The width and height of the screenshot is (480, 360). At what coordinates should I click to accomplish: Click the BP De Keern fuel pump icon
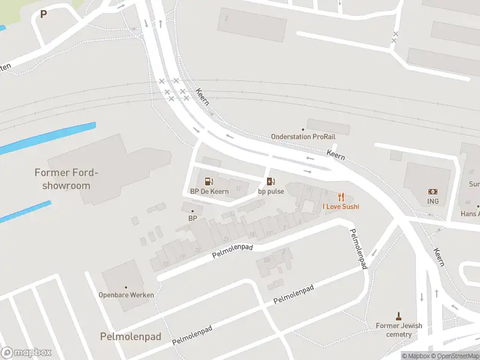coord(209,181)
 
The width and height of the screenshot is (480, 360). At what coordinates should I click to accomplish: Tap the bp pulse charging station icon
coord(271,181)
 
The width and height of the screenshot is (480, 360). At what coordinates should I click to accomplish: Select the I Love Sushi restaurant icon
coord(341,196)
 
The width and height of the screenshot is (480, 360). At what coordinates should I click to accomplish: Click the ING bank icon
coord(433,191)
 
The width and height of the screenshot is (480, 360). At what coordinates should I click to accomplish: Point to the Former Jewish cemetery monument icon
coord(398,316)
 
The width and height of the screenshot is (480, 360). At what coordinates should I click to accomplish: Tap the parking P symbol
coord(43,14)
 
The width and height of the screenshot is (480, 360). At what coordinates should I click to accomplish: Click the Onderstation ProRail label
coord(299,136)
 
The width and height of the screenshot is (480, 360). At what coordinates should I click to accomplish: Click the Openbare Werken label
coord(126,295)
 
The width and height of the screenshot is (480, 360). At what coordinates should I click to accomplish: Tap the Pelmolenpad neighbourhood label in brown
coord(130,337)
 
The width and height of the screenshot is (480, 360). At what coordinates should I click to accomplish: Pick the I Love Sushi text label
coord(341,206)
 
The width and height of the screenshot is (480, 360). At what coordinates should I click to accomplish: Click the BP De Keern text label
coord(209,191)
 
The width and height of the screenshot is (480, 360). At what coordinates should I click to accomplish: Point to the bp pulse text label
coord(271,191)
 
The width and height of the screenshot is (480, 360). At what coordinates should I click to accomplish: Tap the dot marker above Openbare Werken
coord(126,287)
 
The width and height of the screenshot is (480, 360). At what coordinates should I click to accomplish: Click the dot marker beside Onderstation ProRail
coord(303,129)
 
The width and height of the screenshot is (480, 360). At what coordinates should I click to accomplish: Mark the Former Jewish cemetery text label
coord(399,330)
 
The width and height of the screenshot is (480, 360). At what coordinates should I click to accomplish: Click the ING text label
coord(433,202)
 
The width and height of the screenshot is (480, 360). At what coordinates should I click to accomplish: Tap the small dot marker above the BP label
coord(193,211)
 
